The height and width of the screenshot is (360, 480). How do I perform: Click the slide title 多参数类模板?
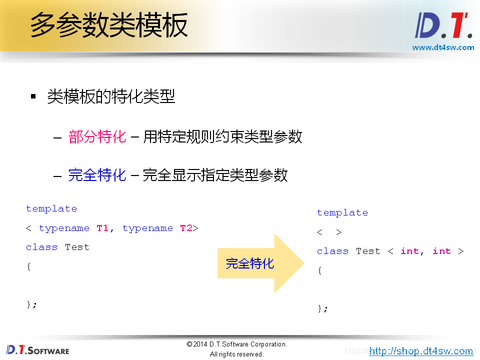pyautogui.click(x=109, y=25)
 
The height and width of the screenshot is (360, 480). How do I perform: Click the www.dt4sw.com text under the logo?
pyautogui.click(x=443, y=47)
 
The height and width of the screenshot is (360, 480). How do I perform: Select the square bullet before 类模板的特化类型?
pyautogui.click(x=33, y=96)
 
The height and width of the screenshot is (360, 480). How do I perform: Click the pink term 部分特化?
pyautogui.click(x=97, y=136)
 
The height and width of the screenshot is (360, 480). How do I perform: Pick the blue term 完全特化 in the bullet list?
pyautogui.click(x=97, y=175)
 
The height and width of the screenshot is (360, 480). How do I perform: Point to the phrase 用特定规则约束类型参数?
pyautogui.click(x=222, y=136)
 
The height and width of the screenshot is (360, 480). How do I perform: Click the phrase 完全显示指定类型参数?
pyautogui.click(x=215, y=175)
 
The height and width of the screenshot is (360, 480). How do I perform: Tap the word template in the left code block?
pyautogui.click(x=51, y=208)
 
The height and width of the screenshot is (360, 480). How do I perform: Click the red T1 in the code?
pyautogui.click(x=102, y=228)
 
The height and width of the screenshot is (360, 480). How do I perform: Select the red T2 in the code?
pyautogui.click(x=186, y=228)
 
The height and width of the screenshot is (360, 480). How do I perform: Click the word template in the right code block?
pyautogui.click(x=342, y=212)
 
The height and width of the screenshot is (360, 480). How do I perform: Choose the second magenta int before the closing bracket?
pyautogui.click(x=441, y=251)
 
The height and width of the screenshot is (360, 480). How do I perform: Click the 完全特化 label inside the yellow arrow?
pyautogui.click(x=249, y=263)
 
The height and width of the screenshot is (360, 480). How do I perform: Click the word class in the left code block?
pyautogui.click(x=41, y=247)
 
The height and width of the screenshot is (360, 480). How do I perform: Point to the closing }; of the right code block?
pyautogui.click(x=322, y=308)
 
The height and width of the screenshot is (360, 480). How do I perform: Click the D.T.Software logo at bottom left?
pyautogui.click(x=37, y=349)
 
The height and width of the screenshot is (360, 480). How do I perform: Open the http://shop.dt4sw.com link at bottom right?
pyautogui.click(x=421, y=351)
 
